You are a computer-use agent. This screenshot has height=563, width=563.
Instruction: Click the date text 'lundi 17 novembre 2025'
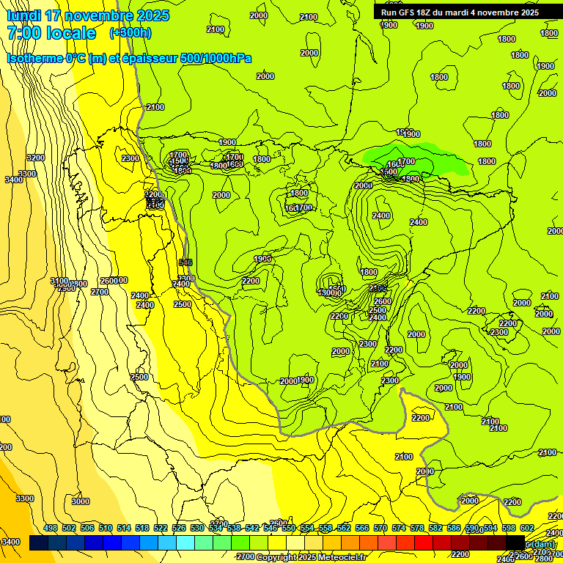(87, 15)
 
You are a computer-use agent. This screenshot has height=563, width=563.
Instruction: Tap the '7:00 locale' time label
(51, 33)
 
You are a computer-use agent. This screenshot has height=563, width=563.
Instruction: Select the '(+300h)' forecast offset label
(130, 33)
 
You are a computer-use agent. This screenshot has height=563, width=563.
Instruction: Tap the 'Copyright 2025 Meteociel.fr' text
(312, 557)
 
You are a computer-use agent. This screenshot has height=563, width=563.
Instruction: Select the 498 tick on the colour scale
(51, 528)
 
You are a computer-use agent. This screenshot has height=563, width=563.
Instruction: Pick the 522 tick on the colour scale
(161, 528)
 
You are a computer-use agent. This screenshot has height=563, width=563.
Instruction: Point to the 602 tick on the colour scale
(526, 528)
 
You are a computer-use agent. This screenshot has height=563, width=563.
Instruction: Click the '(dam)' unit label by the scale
(542, 545)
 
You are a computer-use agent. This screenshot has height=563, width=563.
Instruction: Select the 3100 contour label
(59, 281)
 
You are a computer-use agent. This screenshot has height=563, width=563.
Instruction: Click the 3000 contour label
(81, 501)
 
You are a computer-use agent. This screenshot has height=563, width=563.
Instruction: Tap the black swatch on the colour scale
(515, 542)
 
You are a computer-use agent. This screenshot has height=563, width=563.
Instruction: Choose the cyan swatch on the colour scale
(185, 542)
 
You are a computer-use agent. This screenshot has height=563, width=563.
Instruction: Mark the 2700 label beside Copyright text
(246, 557)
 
